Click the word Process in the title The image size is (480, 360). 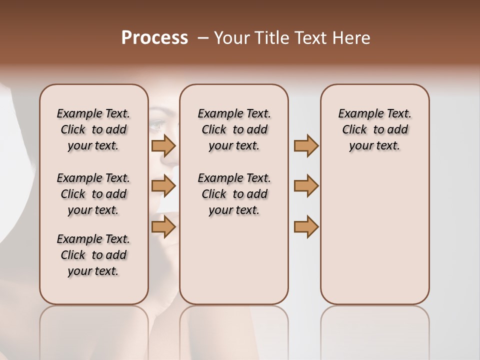(154, 38)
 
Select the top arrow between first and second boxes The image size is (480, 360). (163, 145)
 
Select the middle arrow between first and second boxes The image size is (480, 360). (163, 186)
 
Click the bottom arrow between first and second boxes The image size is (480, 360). (163, 227)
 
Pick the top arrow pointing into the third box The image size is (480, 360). (306, 145)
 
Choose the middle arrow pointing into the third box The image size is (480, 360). (306, 186)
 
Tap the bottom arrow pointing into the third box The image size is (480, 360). (306, 227)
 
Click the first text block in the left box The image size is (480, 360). (93, 129)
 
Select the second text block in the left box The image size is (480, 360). (93, 194)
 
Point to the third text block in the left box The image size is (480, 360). (93, 255)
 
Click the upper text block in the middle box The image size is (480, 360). (234, 129)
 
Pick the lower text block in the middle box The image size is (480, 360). (234, 194)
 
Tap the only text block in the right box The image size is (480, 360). (374, 129)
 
